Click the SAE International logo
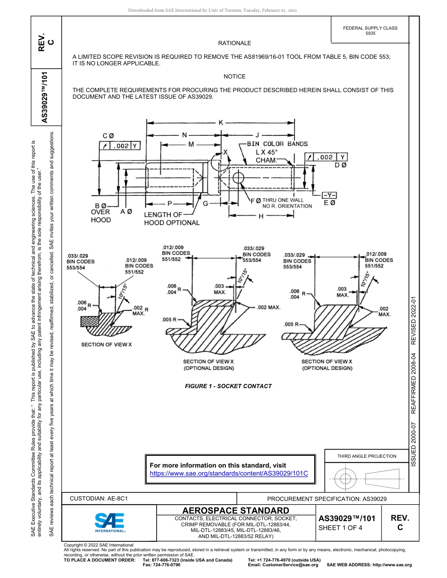tap(110, 522)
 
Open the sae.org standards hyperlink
tap(229, 473)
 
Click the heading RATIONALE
tap(234, 43)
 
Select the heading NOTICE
tap(234, 76)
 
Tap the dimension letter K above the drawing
tap(221, 123)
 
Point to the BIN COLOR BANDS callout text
tap(277, 144)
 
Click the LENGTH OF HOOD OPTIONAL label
tap(172, 219)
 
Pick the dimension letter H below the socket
tap(260, 216)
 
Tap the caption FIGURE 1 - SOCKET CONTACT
tap(228, 386)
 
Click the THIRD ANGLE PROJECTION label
tap(367, 456)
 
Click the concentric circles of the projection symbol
tap(346, 479)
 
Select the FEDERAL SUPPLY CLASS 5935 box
tap(370, 31)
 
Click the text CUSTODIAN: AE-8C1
tap(99, 499)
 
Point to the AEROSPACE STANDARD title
tap(235, 510)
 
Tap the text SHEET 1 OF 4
tap(340, 527)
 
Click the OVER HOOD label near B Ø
tap(101, 216)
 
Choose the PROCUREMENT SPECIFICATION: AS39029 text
tap(327, 499)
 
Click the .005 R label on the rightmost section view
tap(292, 325)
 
